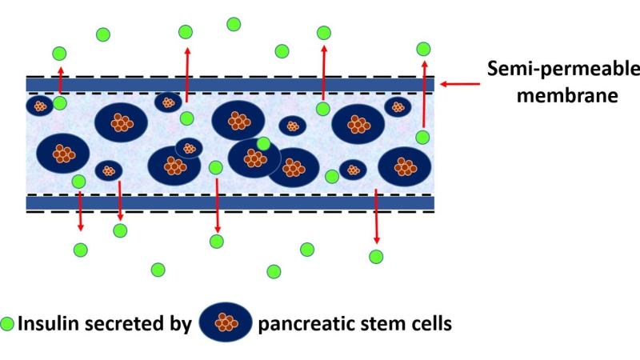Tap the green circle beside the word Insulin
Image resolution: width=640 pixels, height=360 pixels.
click(x=8, y=325)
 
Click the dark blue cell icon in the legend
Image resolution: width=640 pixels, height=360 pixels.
click(x=225, y=322)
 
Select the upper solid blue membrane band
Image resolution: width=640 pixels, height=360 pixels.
click(x=230, y=84)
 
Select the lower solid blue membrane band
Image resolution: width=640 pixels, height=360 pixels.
click(x=230, y=203)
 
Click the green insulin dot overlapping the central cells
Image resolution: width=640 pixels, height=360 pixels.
click(x=263, y=144)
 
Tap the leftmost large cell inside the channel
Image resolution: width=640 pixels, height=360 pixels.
click(x=63, y=152)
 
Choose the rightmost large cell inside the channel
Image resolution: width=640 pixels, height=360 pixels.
click(x=405, y=166)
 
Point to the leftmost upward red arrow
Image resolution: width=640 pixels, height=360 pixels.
click(x=61, y=81)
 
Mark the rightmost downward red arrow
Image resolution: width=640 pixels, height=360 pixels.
click(x=376, y=216)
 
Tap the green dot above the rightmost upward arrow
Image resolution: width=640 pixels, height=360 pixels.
click(x=425, y=48)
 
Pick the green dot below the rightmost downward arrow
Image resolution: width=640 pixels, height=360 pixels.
click(x=376, y=256)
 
